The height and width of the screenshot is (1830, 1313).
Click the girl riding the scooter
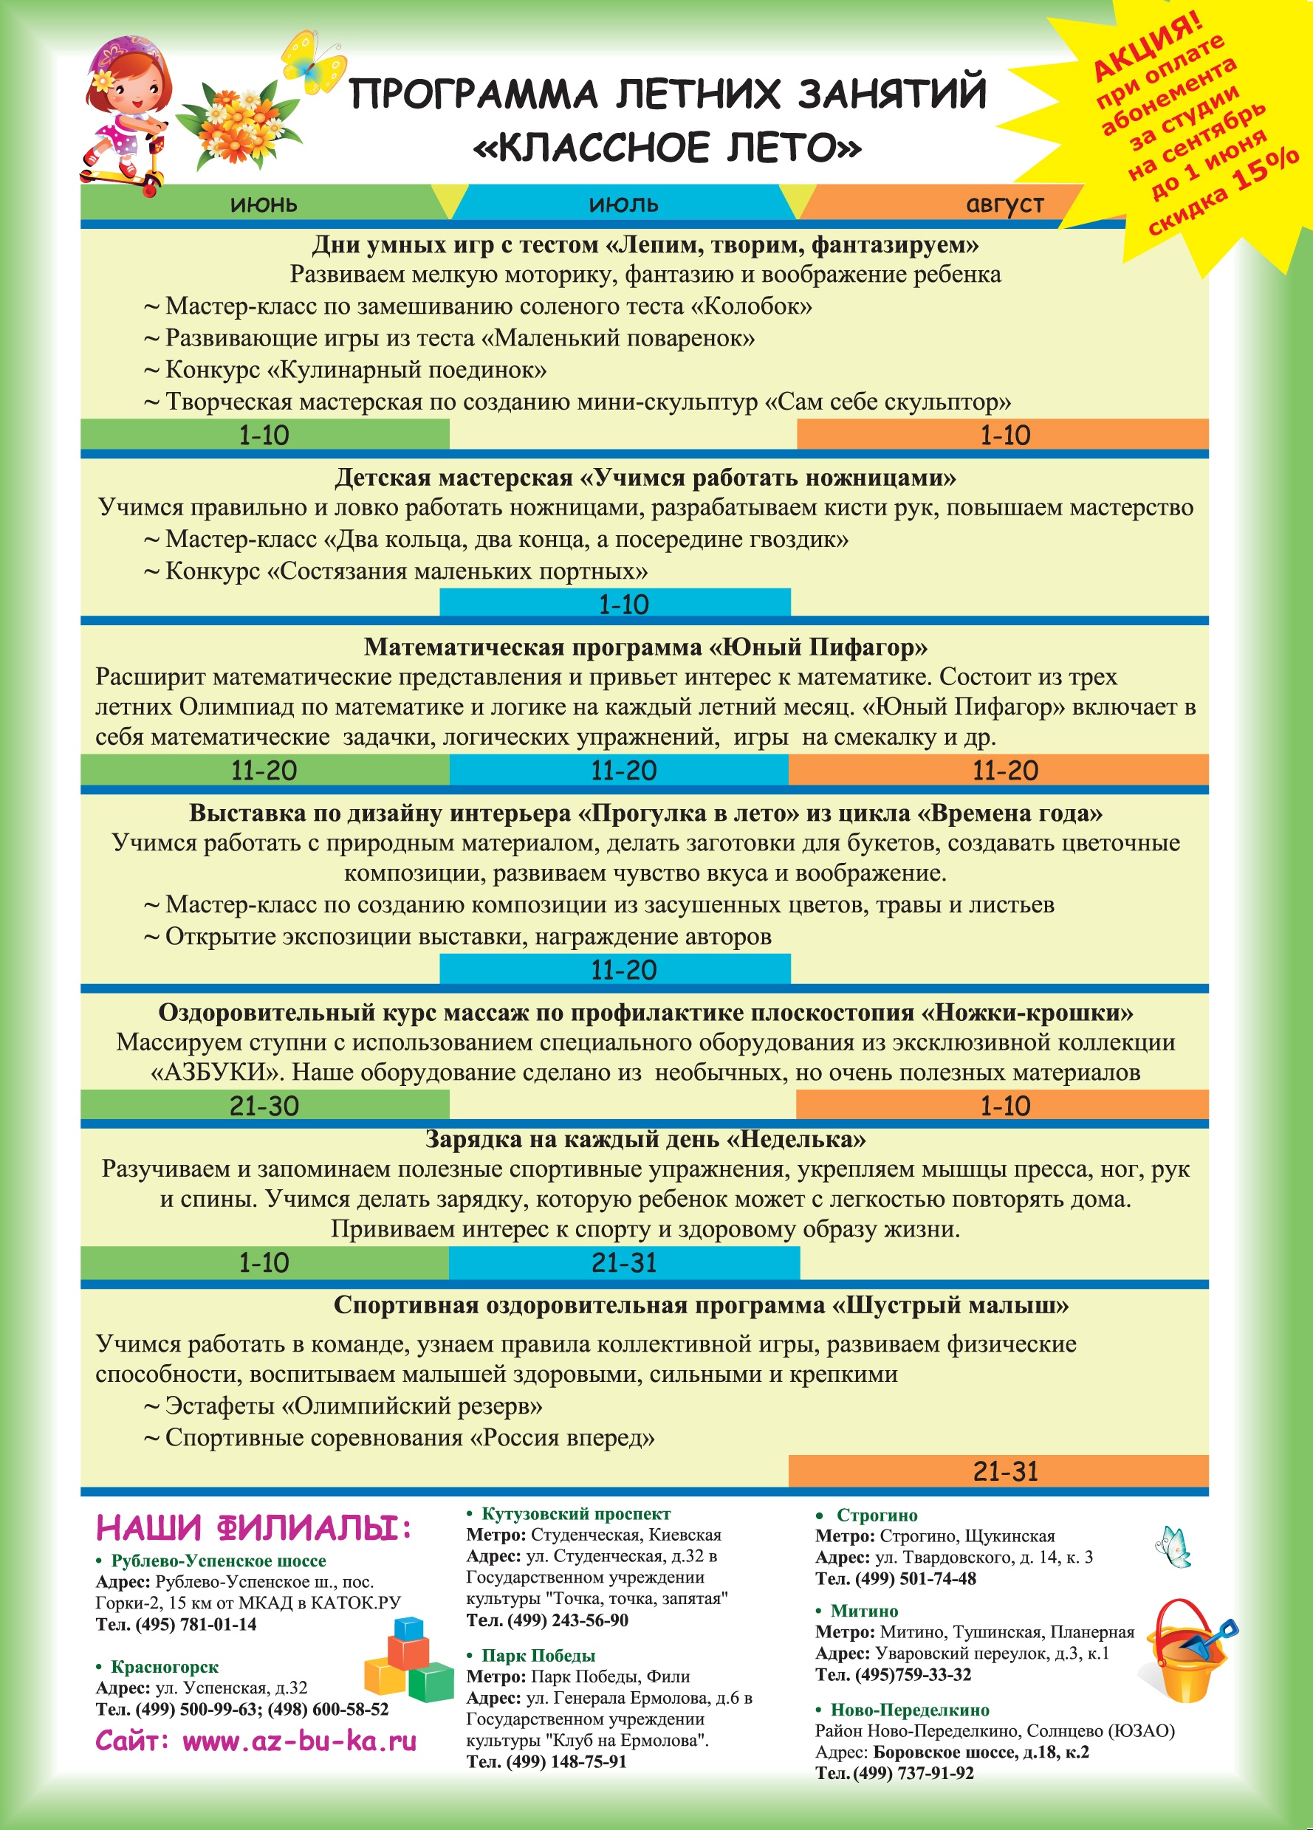point(128,113)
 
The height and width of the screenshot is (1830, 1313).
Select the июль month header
point(623,205)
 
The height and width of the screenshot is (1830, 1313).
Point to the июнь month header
point(264,205)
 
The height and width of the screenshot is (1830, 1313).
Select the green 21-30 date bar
point(264,1105)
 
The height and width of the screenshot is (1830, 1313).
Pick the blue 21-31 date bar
point(623,1263)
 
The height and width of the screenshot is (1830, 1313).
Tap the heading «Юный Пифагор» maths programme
point(645,647)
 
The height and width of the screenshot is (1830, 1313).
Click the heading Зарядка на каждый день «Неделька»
point(645,1139)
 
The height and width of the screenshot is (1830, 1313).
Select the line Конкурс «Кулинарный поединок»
point(355,371)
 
